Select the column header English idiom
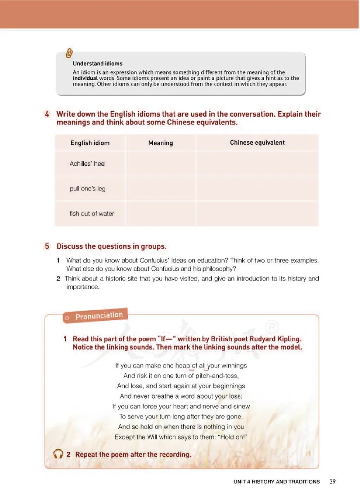[x=90, y=143]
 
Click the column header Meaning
[x=161, y=143]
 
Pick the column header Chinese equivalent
[x=257, y=142]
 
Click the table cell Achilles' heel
[x=88, y=163]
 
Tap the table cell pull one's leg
[x=88, y=189]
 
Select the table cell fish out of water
[x=92, y=213]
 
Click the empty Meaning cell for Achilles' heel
[x=161, y=163]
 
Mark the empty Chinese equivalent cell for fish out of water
[x=257, y=213]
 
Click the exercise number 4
[x=47, y=114]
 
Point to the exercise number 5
[x=47, y=246]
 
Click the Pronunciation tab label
[x=99, y=315]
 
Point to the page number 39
[x=333, y=481]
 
